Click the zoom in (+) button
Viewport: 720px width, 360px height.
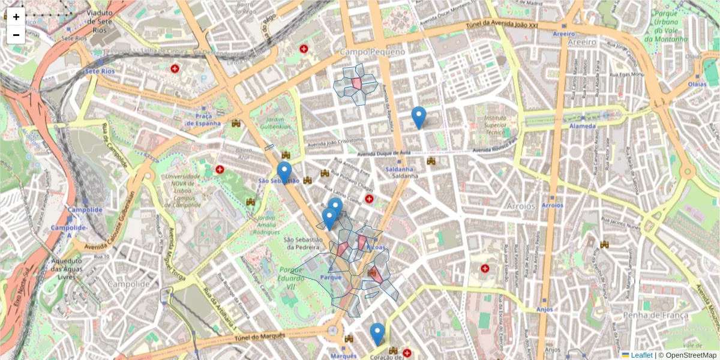16,17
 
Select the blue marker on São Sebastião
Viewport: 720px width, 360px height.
284,172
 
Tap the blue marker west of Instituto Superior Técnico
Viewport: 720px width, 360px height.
419,117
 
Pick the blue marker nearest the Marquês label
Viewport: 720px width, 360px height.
377,334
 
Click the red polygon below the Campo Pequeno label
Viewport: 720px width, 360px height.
356,83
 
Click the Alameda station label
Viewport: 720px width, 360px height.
565,126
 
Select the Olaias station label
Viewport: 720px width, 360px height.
697,84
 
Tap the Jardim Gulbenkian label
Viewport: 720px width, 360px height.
276,122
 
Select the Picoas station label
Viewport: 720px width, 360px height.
375,247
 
